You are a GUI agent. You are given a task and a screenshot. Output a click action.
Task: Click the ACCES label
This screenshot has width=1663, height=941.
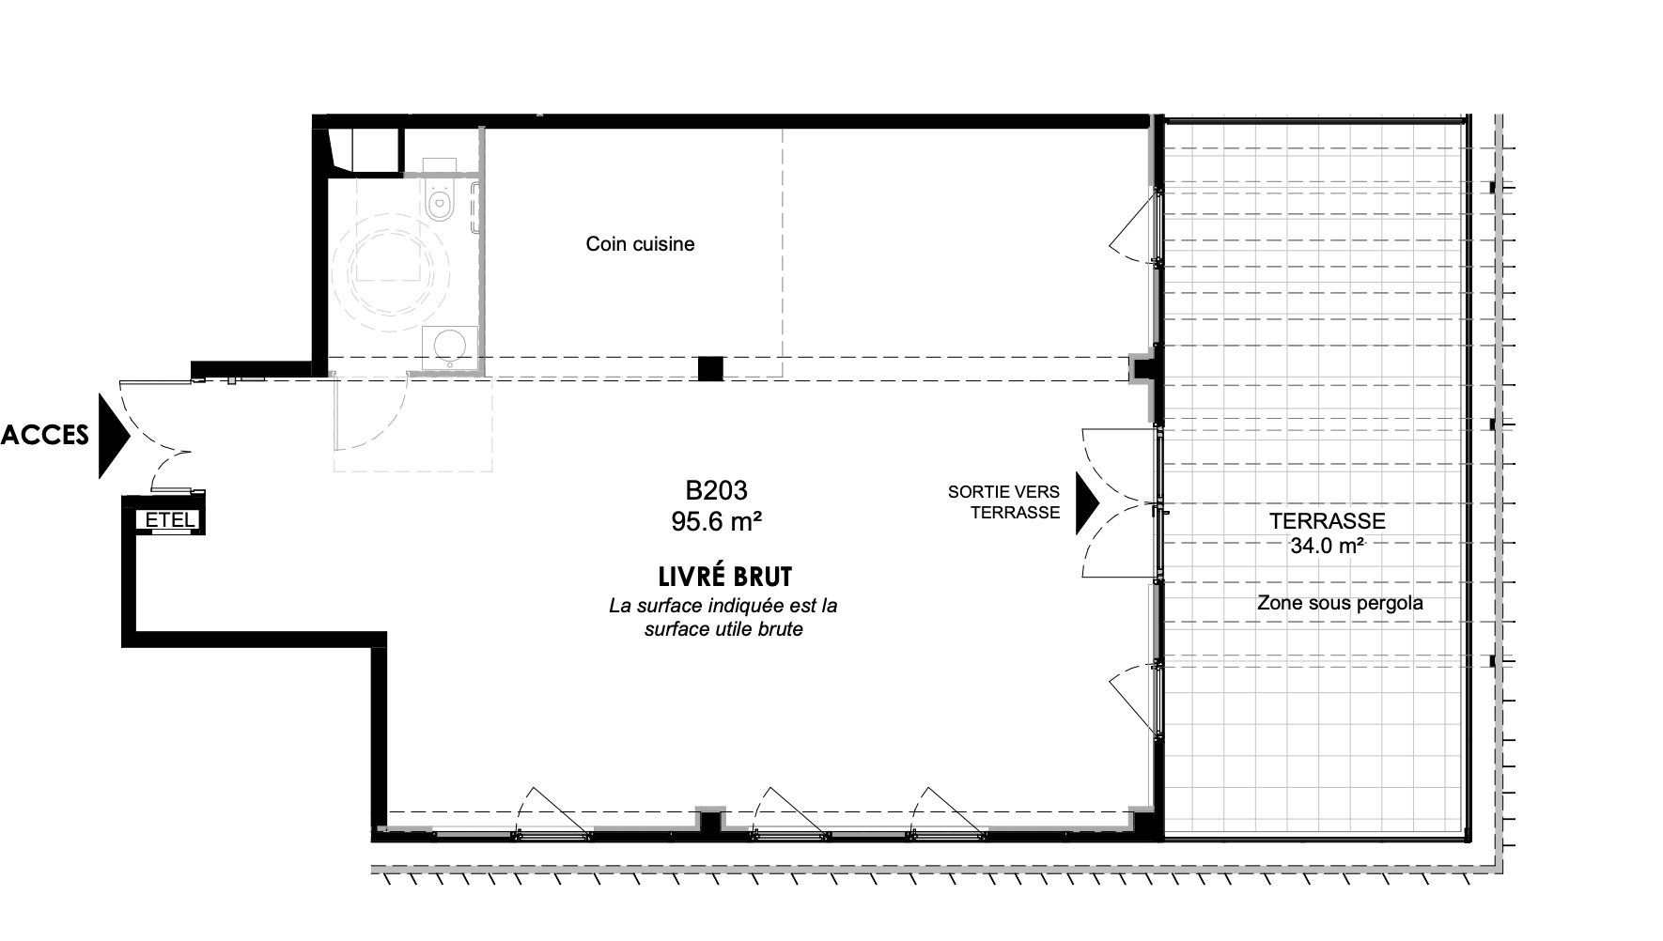pyautogui.click(x=45, y=435)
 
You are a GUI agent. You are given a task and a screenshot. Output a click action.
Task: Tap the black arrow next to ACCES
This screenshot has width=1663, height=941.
pyautogui.click(x=113, y=436)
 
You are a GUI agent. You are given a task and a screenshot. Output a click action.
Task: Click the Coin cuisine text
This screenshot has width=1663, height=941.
pyautogui.click(x=640, y=244)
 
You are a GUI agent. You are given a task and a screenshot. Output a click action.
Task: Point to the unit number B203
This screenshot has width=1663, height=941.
pyautogui.click(x=716, y=490)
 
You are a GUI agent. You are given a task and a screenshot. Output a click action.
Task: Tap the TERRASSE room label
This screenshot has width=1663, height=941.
pyautogui.click(x=1327, y=521)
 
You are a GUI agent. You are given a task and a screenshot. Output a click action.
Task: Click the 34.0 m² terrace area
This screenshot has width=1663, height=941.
pyautogui.click(x=1327, y=547)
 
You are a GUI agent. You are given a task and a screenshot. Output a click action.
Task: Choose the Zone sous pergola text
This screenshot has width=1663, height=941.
pyautogui.click(x=1340, y=603)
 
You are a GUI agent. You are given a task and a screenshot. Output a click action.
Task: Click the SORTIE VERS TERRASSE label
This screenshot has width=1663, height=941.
pyautogui.click(x=1003, y=501)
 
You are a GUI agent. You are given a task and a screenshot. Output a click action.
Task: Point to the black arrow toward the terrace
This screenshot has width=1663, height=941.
pyautogui.click(x=1087, y=502)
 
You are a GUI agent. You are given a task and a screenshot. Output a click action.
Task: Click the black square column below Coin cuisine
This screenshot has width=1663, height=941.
pyautogui.click(x=710, y=368)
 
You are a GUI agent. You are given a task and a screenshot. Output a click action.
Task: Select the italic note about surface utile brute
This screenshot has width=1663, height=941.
pyautogui.click(x=723, y=618)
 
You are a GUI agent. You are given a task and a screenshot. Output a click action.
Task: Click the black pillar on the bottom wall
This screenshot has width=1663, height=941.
pyautogui.click(x=710, y=822)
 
